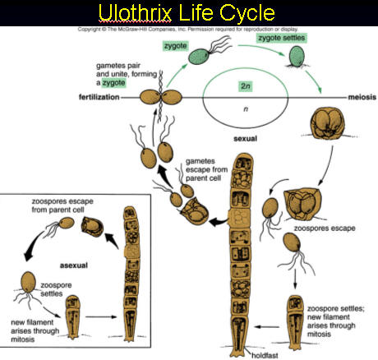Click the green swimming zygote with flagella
(x=201, y=56)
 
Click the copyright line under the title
(x=187, y=28)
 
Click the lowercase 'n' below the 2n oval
(x=243, y=107)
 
